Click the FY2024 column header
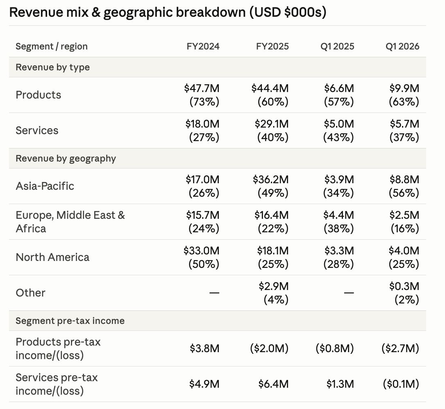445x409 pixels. pos(203,47)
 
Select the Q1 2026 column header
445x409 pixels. pos(402,47)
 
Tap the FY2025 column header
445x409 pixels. pos(272,47)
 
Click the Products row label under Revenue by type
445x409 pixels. pos(39,95)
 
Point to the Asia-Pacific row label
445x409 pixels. pos(45,186)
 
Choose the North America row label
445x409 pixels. pos(52,257)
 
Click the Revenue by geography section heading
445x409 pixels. pos(66,159)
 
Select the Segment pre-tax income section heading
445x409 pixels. pos(70,321)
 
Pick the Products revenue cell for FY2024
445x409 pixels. pos(202,95)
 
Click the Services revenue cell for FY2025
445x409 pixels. pos(272,130)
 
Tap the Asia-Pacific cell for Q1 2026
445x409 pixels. pos(404,186)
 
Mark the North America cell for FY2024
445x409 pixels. pos(202,257)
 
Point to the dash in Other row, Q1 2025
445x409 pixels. pos(349,292)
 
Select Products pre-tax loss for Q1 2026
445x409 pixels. pos(400,348)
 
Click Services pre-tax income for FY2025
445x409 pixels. pos(274,384)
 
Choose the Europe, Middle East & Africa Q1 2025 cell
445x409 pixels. pos(338,222)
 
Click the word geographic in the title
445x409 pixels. pos(138,12)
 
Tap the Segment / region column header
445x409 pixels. pos(52,47)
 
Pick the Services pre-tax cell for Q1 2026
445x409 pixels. pos(401,384)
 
